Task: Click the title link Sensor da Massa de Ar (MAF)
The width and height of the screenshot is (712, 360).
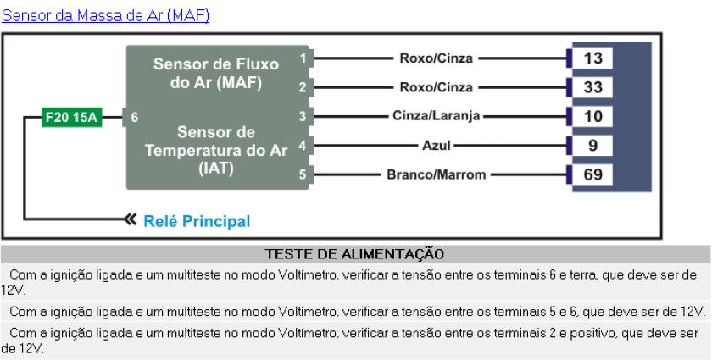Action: coord(106,15)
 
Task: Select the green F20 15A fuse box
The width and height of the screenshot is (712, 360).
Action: coord(72,119)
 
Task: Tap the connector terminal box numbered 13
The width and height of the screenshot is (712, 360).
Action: coord(593,58)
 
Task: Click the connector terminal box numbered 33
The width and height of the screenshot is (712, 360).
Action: coord(593,87)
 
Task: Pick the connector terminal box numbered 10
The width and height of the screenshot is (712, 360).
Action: coord(593,116)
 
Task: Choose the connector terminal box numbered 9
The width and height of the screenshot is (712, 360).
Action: coord(593,146)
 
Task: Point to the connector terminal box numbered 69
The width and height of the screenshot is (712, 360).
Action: coord(593,175)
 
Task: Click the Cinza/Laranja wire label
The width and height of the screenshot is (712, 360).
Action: coord(437,116)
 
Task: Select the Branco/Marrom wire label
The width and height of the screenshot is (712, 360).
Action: coord(437,175)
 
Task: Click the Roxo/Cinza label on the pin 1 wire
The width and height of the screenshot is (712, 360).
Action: coord(437,58)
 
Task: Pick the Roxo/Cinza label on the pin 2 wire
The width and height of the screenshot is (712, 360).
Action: coord(437,87)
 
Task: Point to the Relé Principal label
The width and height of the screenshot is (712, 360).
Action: coord(197,221)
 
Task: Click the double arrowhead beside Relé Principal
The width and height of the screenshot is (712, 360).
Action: coord(130,220)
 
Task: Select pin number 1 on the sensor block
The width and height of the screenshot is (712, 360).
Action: coord(303,58)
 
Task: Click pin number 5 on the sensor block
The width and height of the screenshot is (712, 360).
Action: coord(303,175)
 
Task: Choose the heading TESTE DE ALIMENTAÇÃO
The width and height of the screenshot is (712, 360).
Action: coord(354,253)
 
